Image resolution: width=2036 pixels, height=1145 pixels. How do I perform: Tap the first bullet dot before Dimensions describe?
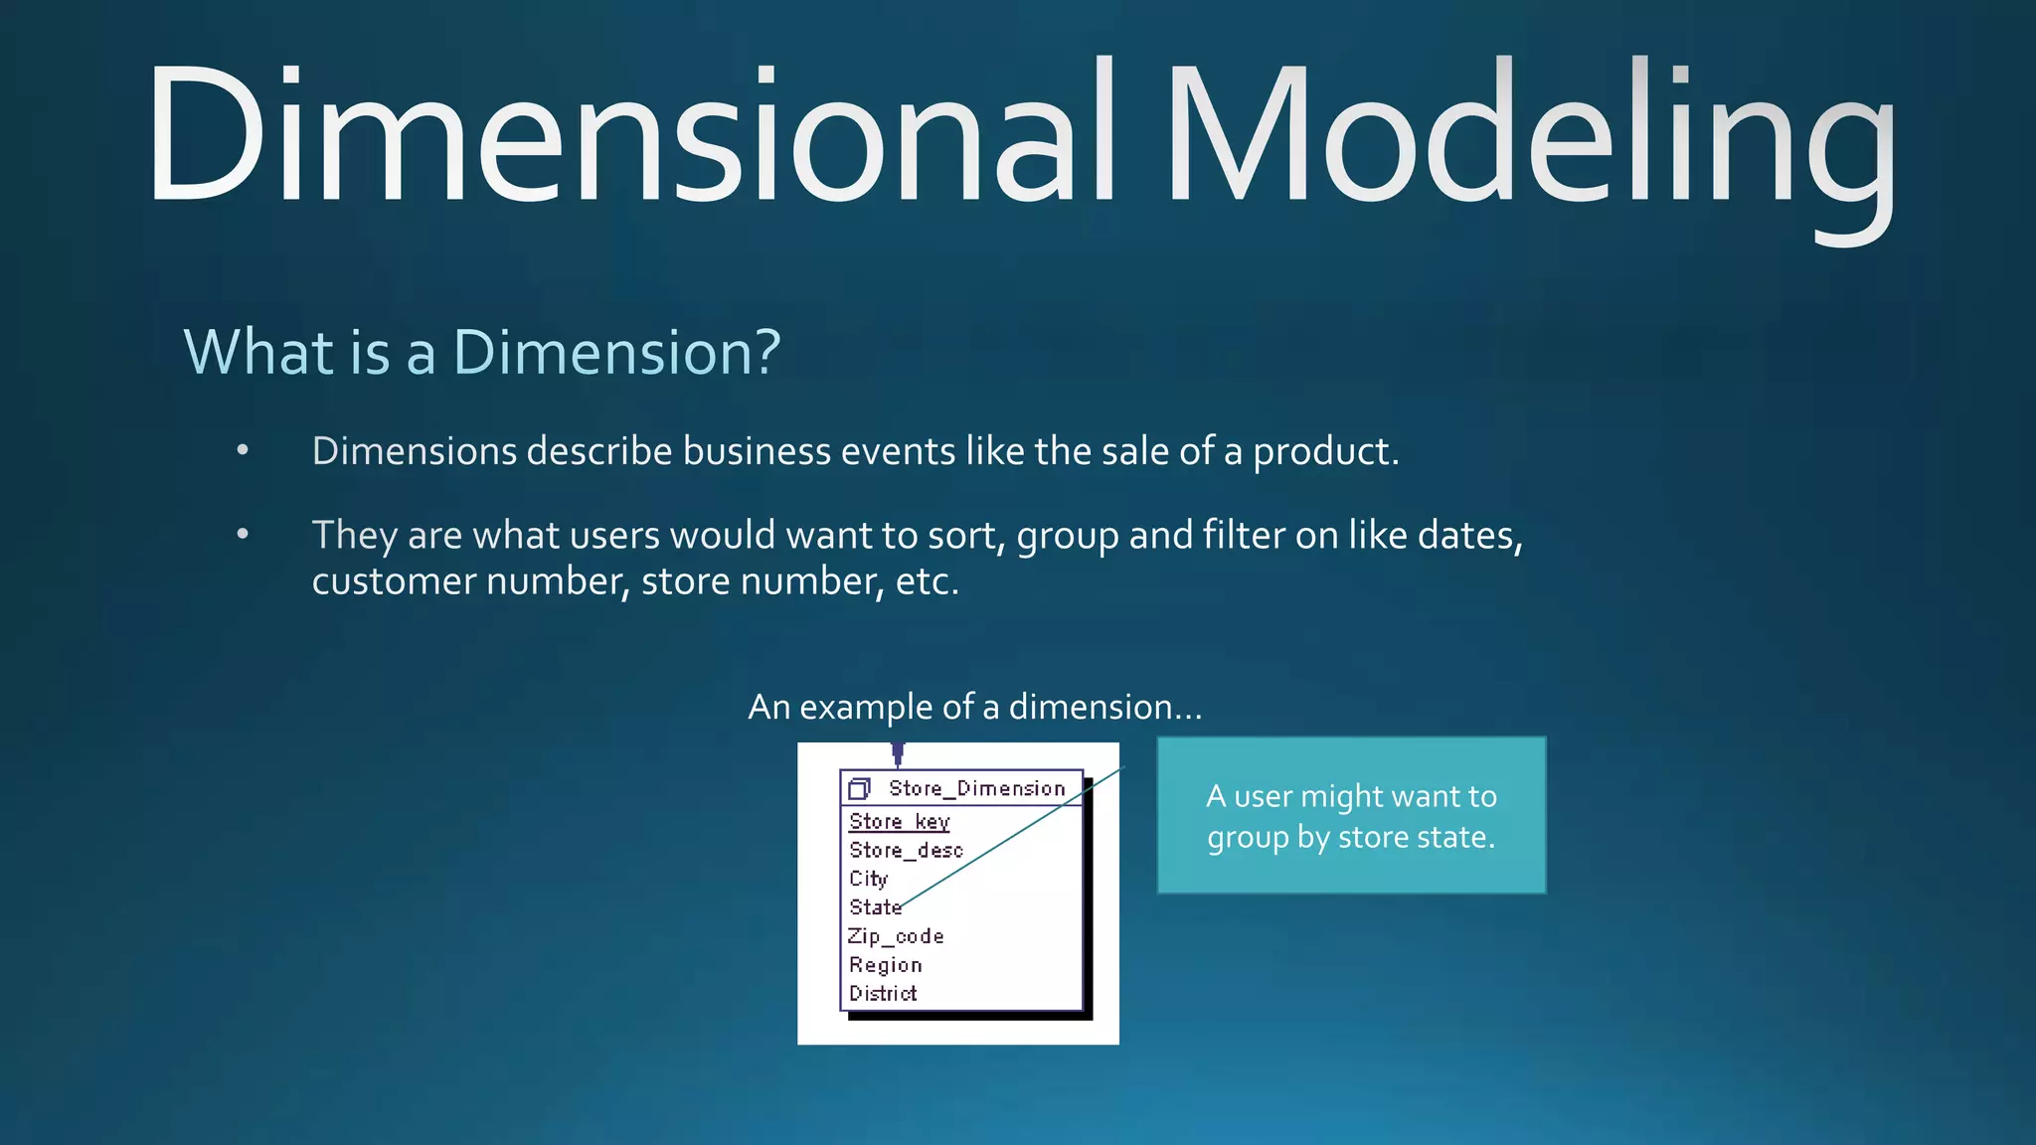pos(243,451)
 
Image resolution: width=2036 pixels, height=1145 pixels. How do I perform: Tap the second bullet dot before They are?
pos(243,535)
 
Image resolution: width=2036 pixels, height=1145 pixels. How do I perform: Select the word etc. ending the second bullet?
pos(927,581)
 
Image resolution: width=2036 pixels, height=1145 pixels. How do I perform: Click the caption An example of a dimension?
pos(974,707)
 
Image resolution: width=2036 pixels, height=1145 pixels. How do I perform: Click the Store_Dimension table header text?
pos(976,788)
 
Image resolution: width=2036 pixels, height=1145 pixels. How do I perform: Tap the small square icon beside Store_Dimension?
pos(859,789)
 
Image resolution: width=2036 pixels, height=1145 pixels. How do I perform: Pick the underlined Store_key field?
pos(899,821)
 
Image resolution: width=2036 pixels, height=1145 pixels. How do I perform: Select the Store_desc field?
pos(906,850)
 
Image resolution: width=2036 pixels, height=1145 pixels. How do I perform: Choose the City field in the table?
pos(868,879)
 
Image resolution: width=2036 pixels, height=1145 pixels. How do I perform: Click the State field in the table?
pos(875,907)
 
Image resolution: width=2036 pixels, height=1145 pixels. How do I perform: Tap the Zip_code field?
pos(895,936)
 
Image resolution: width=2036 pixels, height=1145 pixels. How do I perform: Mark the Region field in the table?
pos(885,965)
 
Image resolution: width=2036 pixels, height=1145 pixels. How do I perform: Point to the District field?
pos(883,993)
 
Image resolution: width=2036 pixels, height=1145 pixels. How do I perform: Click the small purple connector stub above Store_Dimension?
pos(898,753)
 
